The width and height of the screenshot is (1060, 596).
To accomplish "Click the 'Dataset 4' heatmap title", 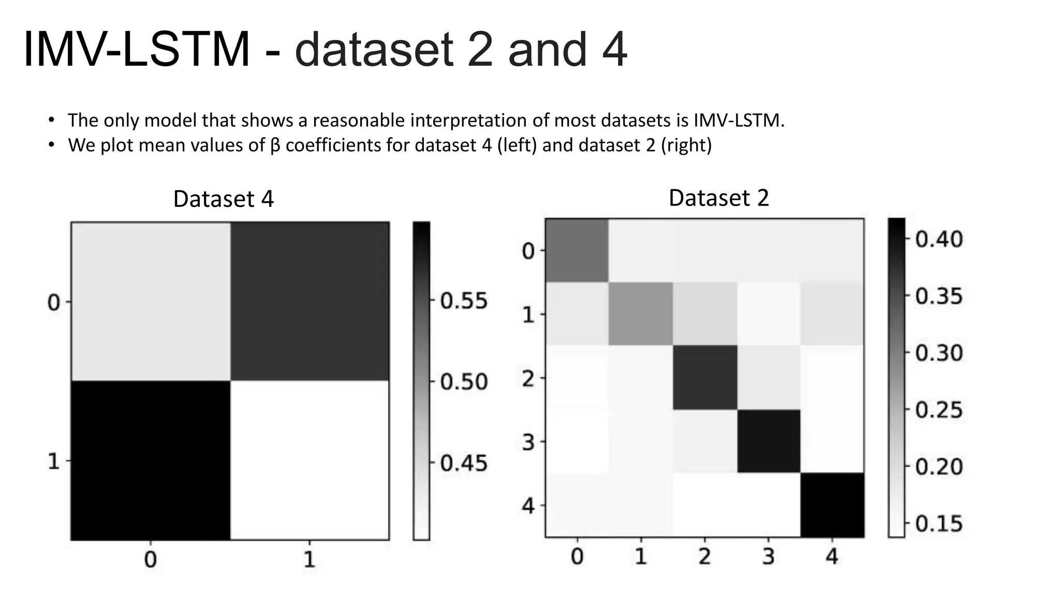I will coord(223,199).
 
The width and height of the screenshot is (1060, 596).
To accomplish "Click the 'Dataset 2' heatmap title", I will coord(718,198).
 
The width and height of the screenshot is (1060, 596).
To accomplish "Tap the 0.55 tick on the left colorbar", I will coord(464,301).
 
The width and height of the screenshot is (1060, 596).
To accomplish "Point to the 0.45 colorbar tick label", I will coord(464,463).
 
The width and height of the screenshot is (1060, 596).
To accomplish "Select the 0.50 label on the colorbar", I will coord(464,382).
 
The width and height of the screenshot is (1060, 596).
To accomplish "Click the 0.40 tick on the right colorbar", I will coord(939,239).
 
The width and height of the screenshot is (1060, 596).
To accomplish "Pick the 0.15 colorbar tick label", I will coord(939,524).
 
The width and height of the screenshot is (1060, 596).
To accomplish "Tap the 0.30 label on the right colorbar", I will coord(939,353).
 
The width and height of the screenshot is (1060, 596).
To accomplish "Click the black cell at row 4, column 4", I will coord(832,505).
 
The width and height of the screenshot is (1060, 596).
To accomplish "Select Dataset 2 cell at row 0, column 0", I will coord(577,250).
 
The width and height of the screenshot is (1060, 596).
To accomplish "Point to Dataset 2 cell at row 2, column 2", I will coord(705,378).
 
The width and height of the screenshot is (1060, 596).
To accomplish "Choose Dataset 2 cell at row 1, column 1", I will coord(641,314).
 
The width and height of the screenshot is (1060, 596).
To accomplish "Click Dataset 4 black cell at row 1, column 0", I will coord(151,460).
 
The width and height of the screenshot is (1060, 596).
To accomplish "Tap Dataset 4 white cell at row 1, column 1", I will coord(310,460).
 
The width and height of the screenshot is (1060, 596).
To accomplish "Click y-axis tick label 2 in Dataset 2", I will coord(528,379).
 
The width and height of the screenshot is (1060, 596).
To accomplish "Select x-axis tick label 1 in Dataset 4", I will coord(309,560).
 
